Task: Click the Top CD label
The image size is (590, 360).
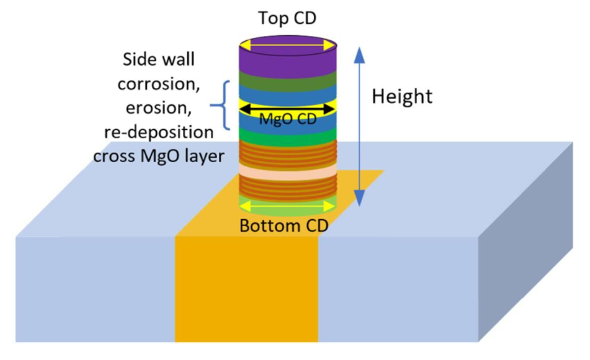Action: (287, 18)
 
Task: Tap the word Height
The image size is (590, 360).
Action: (402, 96)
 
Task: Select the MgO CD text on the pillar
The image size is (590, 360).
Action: (288, 120)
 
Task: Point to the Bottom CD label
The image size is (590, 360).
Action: (284, 225)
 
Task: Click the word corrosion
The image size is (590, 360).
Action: (158, 84)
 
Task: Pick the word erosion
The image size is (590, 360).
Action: (158, 107)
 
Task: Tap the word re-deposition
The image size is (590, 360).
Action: (158, 132)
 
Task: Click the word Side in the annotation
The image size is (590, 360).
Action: (138, 60)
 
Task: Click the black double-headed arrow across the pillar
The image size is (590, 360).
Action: (287, 109)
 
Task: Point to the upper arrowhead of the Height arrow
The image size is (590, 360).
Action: (359, 55)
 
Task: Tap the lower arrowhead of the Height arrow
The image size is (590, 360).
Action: (359, 198)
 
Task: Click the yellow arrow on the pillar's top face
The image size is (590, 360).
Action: (287, 45)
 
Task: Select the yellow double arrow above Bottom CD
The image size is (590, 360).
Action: (287, 206)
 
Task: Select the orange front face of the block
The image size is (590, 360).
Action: (246, 289)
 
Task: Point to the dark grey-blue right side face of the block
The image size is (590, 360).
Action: (526, 241)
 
